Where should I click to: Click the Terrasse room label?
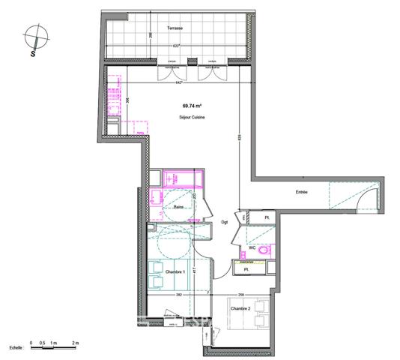pyautogui.click(x=175, y=28)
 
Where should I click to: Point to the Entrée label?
pyautogui.click(x=300, y=192)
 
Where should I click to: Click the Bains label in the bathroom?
pyautogui.click(x=179, y=207)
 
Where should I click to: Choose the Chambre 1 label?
pyautogui.click(x=175, y=271)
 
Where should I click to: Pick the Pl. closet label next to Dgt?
pyautogui.click(x=266, y=218)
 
